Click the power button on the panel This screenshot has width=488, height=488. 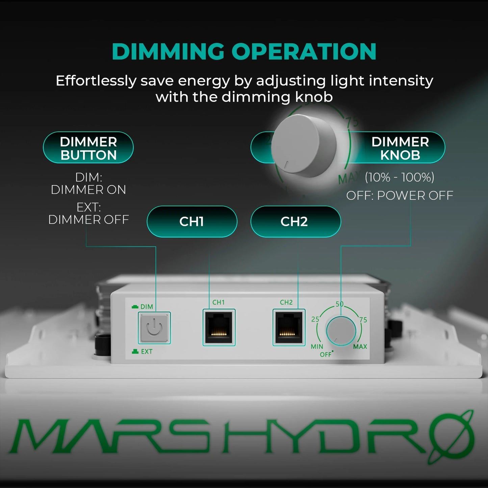pos(154,328)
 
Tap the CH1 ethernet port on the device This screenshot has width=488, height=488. pos(219,327)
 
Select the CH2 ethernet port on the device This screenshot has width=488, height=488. pos(289,327)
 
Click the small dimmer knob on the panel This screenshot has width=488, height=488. pos(341,330)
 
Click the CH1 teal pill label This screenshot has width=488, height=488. pos(192,222)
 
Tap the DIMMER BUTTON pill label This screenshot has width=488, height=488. pos(88,148)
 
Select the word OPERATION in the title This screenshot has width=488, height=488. pos(304,52)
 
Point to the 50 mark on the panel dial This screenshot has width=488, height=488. pos(339,304)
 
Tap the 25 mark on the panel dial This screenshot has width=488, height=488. pos(315,319)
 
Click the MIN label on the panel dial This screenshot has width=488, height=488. pos(317,346)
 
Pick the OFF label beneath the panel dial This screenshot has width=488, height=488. pos(326,355)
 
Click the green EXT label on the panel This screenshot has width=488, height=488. pos(146,352)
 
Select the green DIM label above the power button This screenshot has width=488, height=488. pos(147,307)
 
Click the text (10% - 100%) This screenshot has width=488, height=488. pos(400,177)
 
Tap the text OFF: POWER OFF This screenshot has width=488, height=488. pos(400,196)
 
